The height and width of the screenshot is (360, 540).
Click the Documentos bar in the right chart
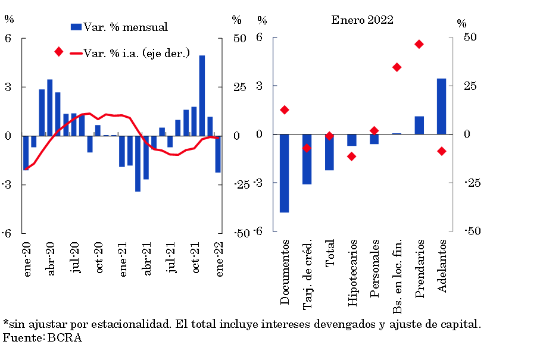285,173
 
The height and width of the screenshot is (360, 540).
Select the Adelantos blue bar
442,107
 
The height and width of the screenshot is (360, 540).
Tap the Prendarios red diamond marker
419,44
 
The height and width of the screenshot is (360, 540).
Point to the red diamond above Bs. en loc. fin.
397,67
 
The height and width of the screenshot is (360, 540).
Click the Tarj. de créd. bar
307,159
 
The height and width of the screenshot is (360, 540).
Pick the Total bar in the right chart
329,152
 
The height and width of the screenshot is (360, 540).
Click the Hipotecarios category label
352,273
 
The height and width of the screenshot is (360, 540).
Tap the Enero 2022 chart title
362,20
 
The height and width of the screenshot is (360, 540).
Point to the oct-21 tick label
196,257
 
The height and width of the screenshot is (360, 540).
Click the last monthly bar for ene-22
218,154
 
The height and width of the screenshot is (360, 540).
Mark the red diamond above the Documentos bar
285,109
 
